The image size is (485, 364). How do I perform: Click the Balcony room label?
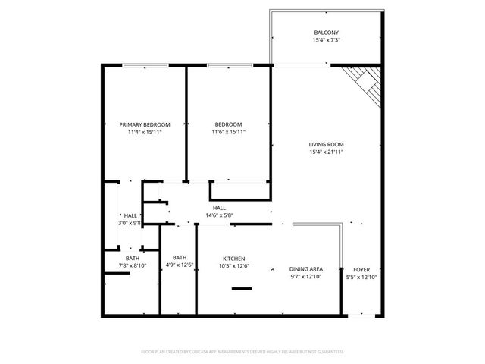(327, 32)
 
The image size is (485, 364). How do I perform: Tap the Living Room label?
(327, 144)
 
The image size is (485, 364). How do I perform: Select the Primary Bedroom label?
(145, 124)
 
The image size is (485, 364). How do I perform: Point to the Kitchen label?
(233, 259)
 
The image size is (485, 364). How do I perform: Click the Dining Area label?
(306, 269)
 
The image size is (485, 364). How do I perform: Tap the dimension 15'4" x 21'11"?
(327, 152)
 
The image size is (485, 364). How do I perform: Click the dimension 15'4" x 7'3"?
(327, 39)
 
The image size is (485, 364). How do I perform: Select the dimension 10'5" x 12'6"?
(233, 266)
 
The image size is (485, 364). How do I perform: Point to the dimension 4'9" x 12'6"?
(180, 265)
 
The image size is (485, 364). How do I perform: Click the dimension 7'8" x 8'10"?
(133, 265)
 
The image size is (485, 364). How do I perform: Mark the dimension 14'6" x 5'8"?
(219, 215)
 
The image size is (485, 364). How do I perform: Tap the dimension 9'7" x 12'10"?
(306, 277)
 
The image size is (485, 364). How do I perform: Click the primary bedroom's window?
(145, 66)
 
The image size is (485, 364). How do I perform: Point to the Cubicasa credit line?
(242, 352)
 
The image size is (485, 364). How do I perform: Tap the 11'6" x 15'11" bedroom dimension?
(228, 132)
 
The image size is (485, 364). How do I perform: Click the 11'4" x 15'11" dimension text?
(145, 132)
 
